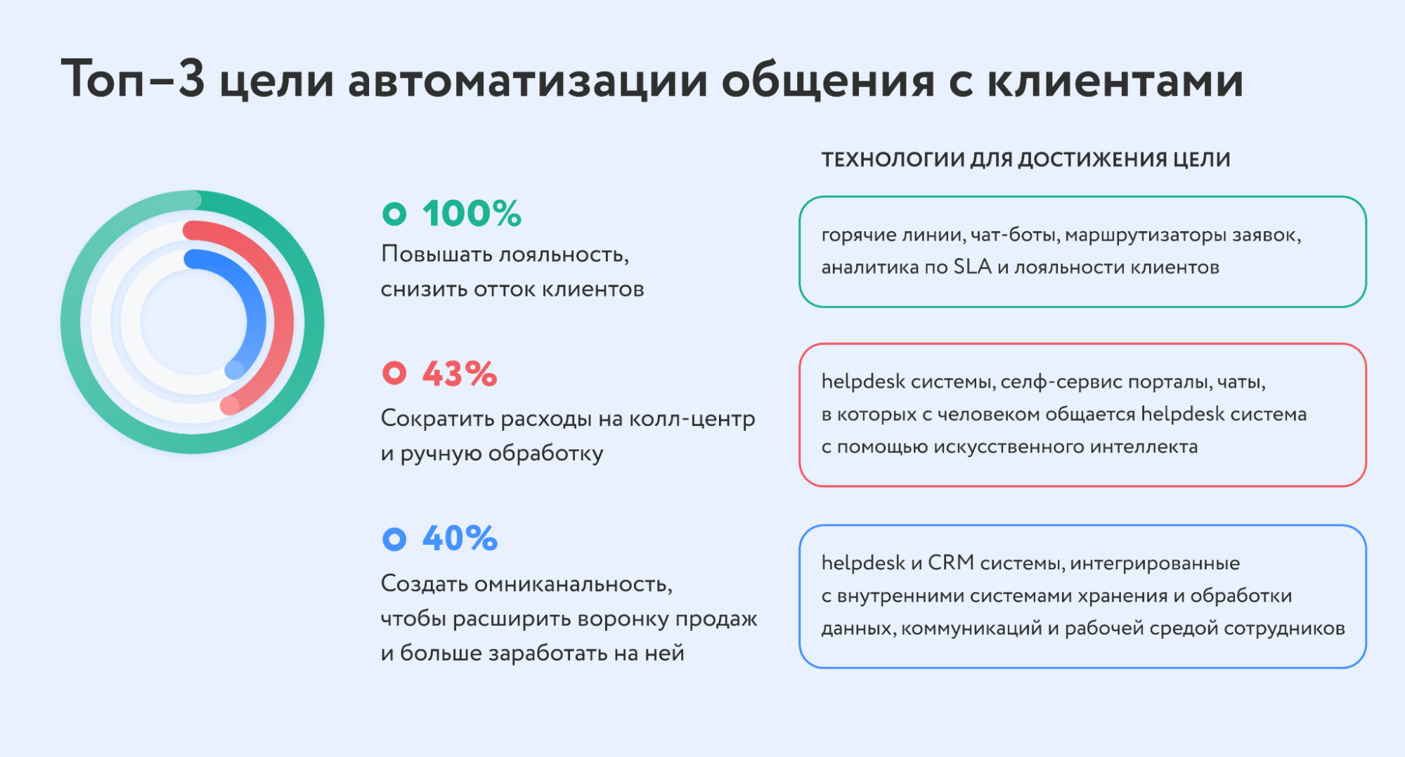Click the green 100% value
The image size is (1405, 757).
472,214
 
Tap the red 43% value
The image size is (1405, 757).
460,374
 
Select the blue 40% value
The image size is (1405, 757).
460,539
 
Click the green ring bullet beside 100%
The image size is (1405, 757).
394,214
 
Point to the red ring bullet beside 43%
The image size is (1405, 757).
394,373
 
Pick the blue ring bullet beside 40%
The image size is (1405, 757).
394,539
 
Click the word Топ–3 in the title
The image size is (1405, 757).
133,79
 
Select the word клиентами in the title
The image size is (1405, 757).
1115,80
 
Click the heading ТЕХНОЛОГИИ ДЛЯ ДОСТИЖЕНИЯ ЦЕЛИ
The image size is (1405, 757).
1025,160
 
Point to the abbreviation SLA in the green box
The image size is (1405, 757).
972,267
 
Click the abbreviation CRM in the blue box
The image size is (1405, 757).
951,563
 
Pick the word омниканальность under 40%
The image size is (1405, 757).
574,584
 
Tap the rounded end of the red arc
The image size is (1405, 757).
230,406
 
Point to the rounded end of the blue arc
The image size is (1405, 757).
235,370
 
